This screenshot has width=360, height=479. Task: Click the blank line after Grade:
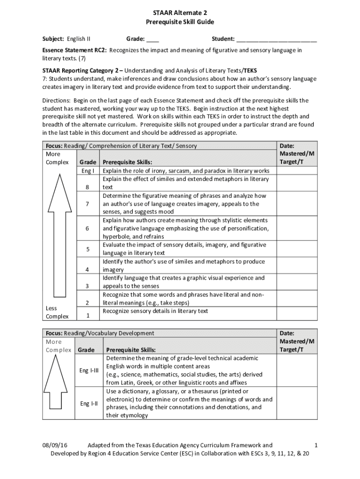[153, 39]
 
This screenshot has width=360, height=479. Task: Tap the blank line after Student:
[276, 39]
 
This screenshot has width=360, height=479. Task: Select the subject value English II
[79, 39]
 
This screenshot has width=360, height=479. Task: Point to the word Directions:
[57, 101]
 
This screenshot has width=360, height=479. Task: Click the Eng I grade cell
[87, 171]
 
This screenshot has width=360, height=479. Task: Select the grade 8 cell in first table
[87, 187]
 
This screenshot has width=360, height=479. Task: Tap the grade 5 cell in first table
[87, 249]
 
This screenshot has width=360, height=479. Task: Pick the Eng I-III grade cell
[89, 370]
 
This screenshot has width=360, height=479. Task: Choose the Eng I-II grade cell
[89, 403]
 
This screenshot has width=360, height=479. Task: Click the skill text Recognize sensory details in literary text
[155, 311]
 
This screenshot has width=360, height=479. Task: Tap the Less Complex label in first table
[57, 312]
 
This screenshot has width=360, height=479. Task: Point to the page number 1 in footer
[317, 446]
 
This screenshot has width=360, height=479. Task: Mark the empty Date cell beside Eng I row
[297, 171]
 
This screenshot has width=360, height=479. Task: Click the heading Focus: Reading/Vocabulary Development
[99, 333]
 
